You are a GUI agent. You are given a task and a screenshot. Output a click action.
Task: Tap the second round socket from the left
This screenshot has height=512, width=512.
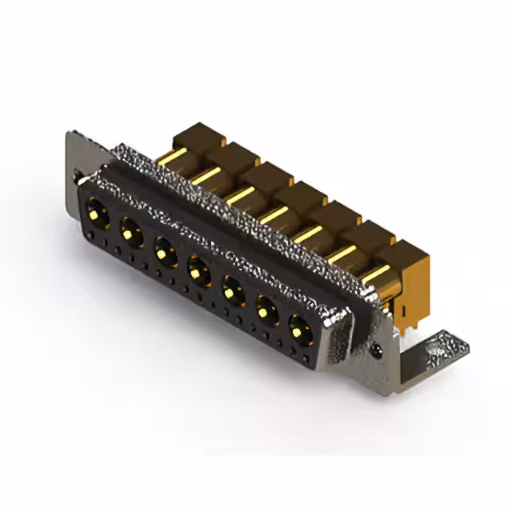(131, 233)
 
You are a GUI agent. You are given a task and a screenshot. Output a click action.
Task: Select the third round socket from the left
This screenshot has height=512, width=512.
(165, 254)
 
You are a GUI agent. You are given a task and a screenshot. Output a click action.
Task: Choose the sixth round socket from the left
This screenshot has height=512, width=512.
(266, 310)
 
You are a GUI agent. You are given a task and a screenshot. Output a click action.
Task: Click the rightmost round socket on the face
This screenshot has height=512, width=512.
(300, 329)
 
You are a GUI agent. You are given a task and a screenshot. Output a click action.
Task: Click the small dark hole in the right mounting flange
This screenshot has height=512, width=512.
(378, 350)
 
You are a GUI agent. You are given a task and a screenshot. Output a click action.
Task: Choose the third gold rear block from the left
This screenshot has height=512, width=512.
(266, 177)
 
